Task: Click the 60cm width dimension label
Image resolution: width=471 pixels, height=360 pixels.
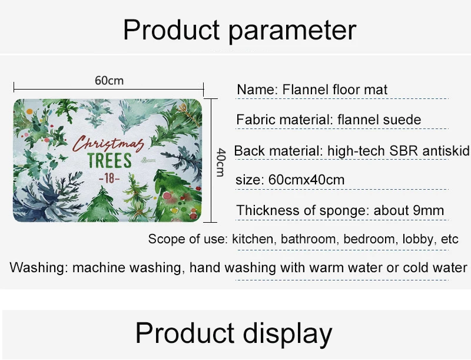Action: [109, 81]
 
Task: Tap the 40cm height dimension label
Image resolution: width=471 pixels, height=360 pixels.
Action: [221, 162]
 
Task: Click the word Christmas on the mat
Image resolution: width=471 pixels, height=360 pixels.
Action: [108, 144]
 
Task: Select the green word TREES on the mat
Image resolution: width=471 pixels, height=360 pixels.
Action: [110, 160]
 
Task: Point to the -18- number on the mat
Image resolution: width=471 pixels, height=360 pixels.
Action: [109, 179]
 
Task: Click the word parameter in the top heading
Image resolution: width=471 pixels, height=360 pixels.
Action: [292, 30]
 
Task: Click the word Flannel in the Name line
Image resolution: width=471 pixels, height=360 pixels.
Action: [306, 90]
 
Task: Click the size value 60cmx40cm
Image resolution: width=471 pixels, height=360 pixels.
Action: [306, 180]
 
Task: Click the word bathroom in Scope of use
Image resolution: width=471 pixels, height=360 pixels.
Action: [310, 239]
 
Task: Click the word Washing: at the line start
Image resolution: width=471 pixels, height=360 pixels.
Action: [39, 267]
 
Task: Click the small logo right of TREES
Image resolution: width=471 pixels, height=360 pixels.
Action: [148, 160]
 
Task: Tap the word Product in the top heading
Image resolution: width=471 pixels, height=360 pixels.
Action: [171, 29]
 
